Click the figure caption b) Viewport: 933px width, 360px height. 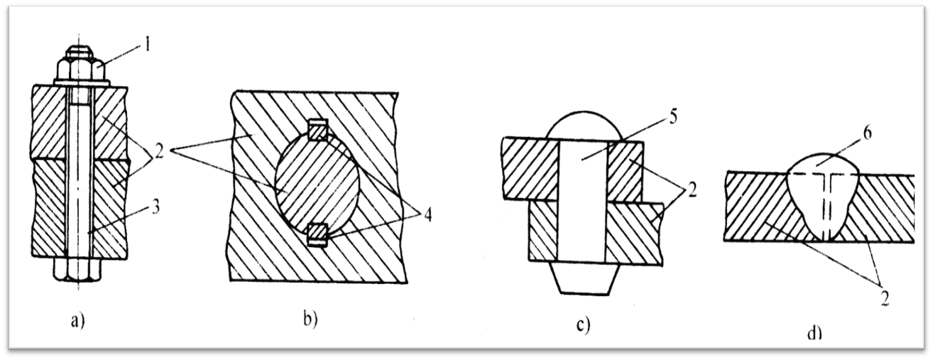pos(309,318)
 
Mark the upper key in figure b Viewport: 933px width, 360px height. pos(318,130)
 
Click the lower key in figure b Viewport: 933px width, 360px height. pos(318,234)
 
